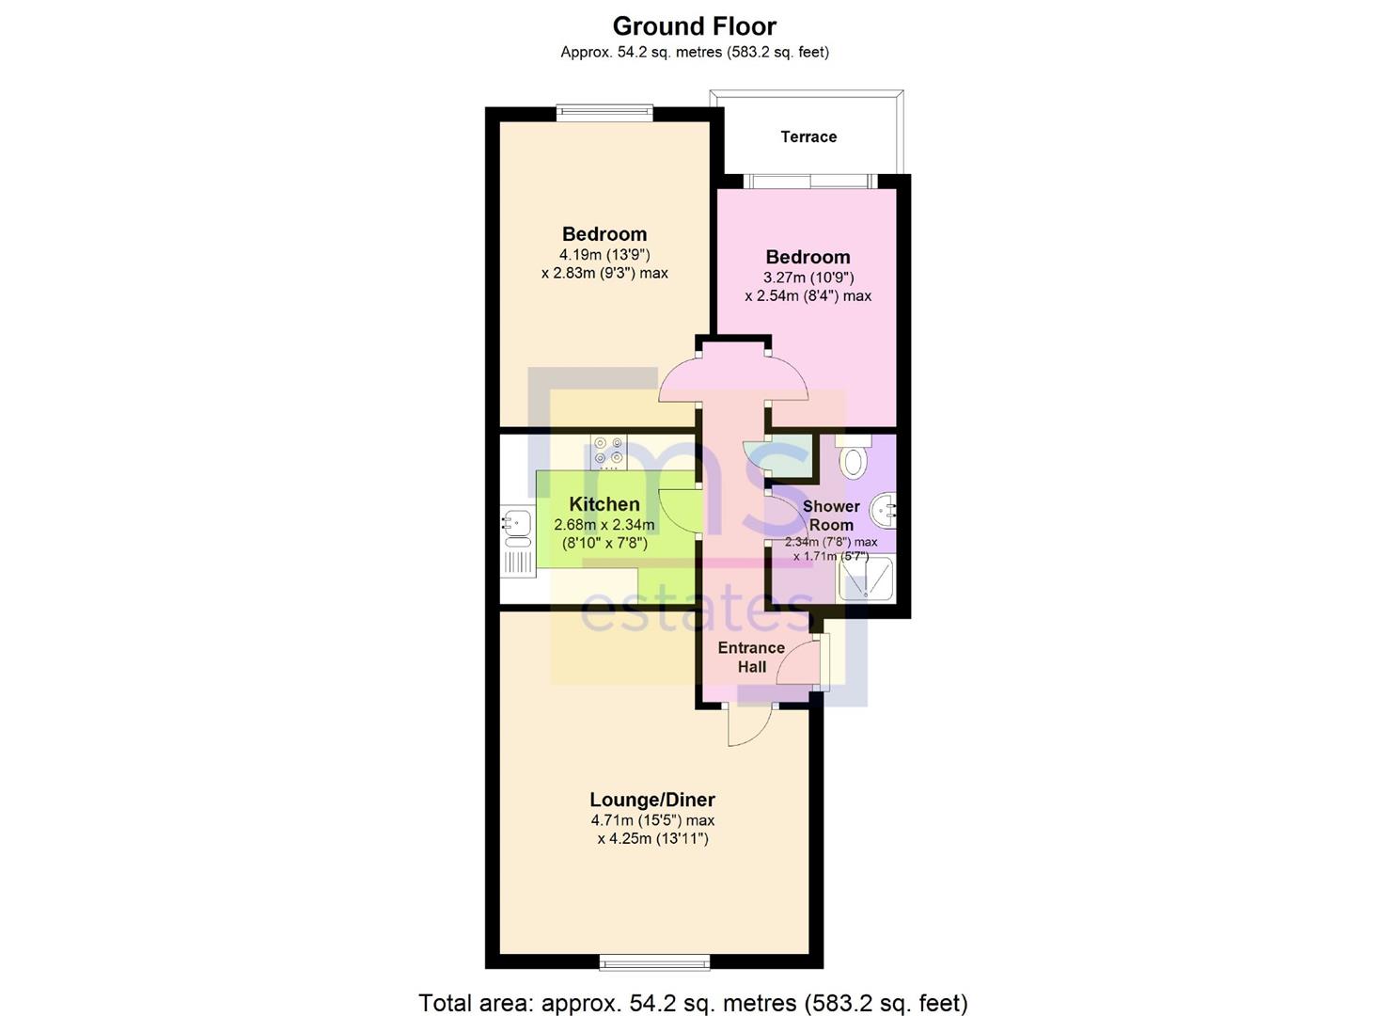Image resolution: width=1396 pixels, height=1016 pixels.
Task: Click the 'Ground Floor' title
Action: (695, 25)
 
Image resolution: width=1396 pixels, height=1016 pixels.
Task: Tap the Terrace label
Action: (808, 137)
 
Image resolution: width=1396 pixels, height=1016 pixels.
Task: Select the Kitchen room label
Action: (604, 504)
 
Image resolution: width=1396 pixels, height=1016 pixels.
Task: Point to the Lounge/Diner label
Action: (652, 800)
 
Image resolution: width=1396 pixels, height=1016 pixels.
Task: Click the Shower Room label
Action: (831, 516)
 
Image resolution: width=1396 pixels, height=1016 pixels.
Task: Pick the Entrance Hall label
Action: (751, 657)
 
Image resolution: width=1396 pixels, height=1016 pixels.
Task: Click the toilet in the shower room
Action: (854, 459)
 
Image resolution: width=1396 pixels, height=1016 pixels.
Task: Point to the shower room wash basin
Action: (885, 514)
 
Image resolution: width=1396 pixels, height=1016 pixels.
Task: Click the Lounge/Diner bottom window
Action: (655, 961)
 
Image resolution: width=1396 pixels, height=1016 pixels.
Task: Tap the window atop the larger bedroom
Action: (604, 113)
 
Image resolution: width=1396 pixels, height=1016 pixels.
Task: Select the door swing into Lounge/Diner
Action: (749, 725)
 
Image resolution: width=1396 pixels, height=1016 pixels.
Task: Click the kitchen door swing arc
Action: (680, 513)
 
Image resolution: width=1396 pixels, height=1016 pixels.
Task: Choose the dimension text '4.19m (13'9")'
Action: (604, 255)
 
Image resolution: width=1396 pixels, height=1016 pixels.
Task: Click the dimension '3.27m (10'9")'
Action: (808, 278)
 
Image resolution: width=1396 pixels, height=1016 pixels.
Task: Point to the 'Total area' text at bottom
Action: (693, 1003)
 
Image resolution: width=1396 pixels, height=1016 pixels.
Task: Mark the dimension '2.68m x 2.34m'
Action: (604, 525)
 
